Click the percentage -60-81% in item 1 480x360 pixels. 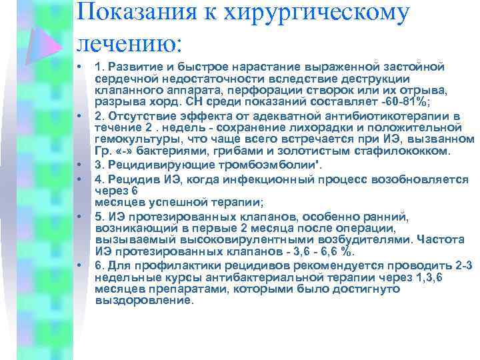coord(363,103)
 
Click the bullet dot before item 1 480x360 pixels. coord(78,67)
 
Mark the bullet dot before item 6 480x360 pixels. coord(78,265)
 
